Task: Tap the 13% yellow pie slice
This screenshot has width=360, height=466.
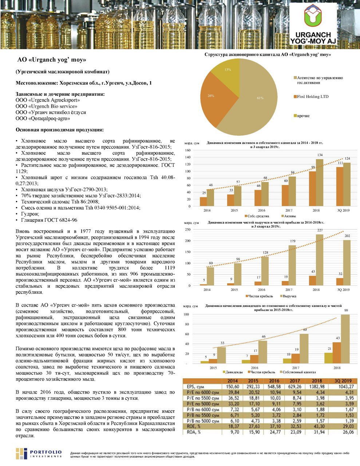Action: tap(228, 71)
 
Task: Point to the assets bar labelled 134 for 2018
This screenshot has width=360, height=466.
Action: tap(319, 182)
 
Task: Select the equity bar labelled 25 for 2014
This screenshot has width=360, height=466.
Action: tap(203, 201)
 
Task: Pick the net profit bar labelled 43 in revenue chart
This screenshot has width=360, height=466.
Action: tap(312, 281)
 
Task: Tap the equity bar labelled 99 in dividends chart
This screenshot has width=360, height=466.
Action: tap(345, 339)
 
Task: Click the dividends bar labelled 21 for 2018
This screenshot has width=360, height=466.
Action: tap(328, 358)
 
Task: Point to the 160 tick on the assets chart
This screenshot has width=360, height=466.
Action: tap(188, 150)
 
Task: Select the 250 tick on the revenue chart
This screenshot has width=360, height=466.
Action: tap(188, 230)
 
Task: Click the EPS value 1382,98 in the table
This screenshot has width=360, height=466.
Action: tap(317, 387)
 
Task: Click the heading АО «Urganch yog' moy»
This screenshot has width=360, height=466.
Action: tap(52, 60)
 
